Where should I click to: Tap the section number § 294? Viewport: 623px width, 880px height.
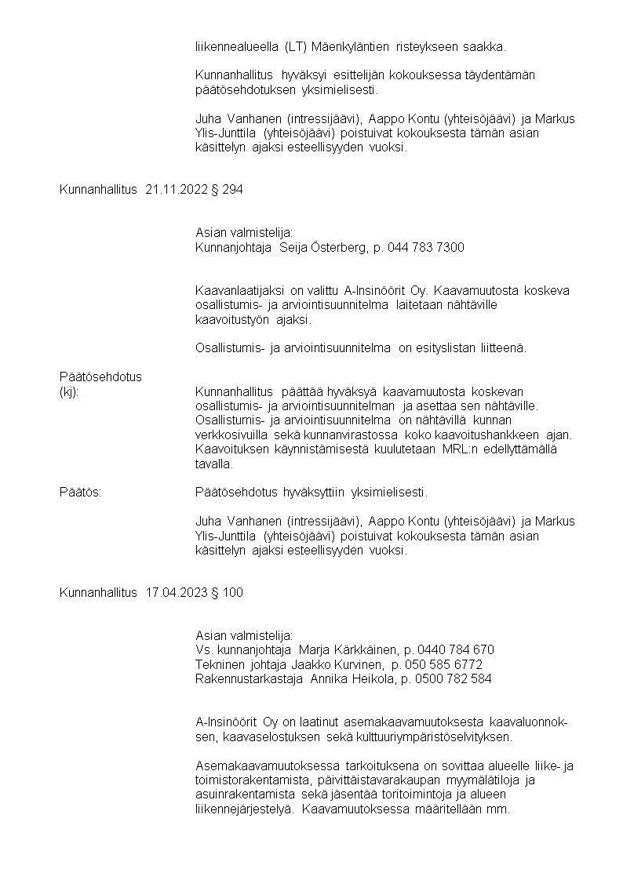point(228,191)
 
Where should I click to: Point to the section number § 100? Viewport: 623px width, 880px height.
point(228,593)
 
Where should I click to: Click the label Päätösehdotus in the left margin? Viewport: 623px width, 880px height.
point(100,376)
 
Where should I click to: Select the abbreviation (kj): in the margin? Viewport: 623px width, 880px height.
point(69,391)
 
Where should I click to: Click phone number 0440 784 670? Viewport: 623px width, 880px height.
point(457,650)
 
